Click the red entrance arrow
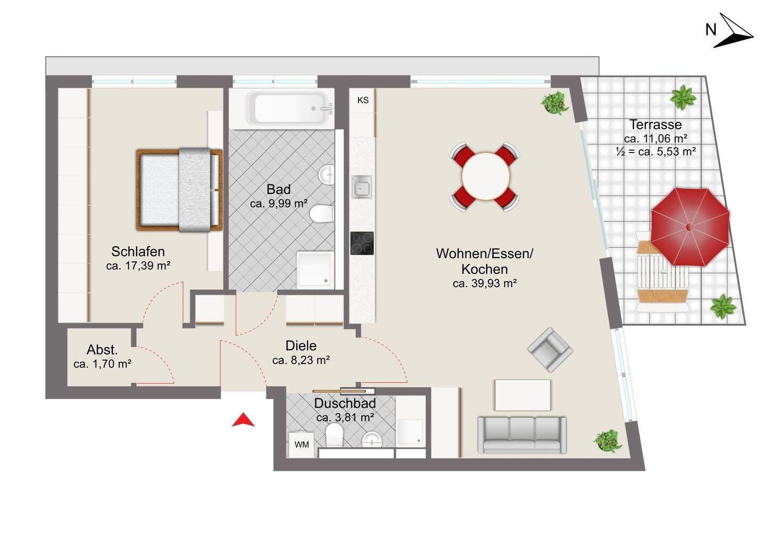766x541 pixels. (x=243, y=421)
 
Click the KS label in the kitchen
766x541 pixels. (x=363, y=100)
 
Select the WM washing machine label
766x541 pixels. (x=302, y=444)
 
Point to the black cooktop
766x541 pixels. (x=362, y=243)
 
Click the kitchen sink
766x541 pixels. (x=362, y=187)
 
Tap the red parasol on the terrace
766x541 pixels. (x=690, y=227)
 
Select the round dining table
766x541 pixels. (x=485, y=176)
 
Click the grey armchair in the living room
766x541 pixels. (x=550, y=350)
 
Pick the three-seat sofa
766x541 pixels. (x=522, y=435)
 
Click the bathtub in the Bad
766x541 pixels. (x=289, y=108)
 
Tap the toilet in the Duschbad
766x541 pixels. (x=334, y=435)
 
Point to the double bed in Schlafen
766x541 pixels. (x=179, y=190)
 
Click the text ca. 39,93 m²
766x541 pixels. (x=485, y=283)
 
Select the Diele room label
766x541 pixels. (x=301, y=345)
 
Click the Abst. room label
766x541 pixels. (x=102, y=350)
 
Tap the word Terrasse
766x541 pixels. (x=655, y=124)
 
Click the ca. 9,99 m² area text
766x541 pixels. (x=279, y=204)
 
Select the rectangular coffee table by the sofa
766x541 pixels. (x=522, y=395)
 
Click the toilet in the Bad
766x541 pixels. (x=322, y=214)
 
